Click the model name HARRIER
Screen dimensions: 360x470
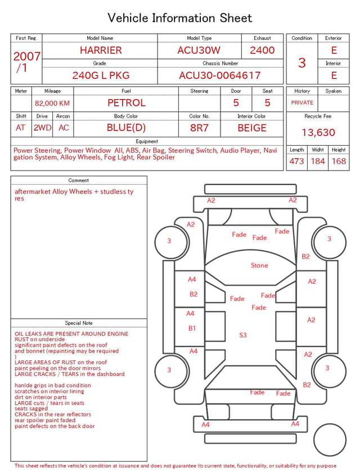click(x=101, y=50)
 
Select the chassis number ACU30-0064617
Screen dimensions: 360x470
click(x=220, y=75)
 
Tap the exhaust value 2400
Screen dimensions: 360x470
click(x=262, y=50)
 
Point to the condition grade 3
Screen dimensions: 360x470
click(x=302, y=63)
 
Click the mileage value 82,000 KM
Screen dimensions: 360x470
click(x=52, y=104)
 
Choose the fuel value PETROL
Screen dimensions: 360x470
click(x=127, y=103)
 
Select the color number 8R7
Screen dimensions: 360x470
click(x=199, y=128)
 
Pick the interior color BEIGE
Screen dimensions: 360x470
click(x=252, y=128)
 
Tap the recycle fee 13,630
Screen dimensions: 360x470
click(x=318, y=132)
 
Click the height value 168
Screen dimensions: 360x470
click(x=339, y=161)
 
